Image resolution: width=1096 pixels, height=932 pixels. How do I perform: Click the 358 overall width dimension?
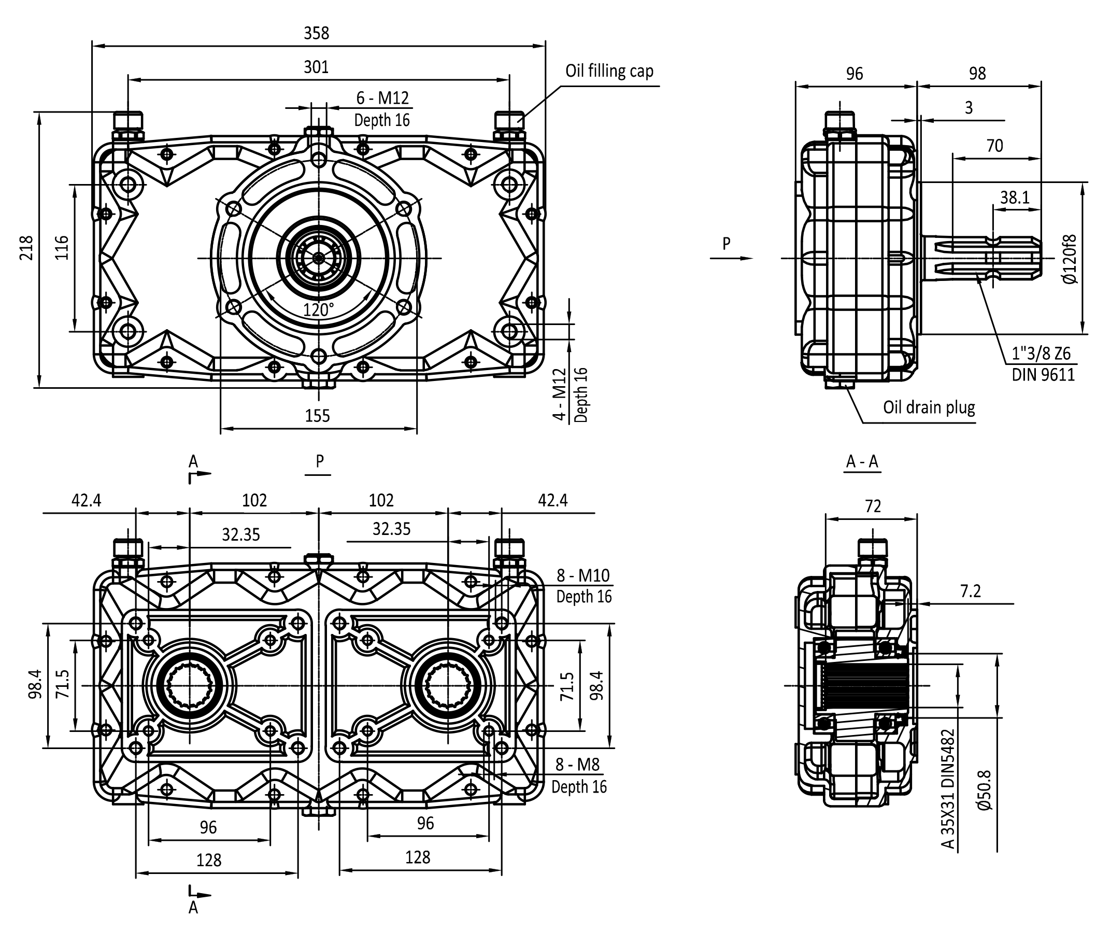[316, 33]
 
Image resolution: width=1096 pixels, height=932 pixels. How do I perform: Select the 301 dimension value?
[316, 67]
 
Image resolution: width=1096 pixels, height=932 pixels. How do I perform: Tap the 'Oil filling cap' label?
[609, 71]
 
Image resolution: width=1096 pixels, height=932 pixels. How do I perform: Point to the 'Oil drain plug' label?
[929, 407]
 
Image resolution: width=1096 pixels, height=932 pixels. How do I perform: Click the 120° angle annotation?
[318, 309]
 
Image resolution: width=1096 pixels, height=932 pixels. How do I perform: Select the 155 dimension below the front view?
[317, 416]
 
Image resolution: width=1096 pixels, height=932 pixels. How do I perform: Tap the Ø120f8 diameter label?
[1070, 259]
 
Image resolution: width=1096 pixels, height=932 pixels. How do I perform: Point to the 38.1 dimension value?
[1015, 197]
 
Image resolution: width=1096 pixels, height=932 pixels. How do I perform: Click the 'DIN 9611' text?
[1043, 375]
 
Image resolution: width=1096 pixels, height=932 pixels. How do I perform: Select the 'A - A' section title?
[862, 462]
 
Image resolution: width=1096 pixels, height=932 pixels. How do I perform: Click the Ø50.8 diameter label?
[985, 790]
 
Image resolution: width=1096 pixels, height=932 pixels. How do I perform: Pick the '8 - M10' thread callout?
[583, 575]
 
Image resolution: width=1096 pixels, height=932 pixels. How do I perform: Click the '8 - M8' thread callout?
[577, 765]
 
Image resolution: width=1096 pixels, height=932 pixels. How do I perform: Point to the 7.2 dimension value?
[970, 591]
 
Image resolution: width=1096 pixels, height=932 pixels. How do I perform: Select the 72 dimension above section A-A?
[873, 506]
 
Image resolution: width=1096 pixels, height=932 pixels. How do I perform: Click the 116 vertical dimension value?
[62, 247]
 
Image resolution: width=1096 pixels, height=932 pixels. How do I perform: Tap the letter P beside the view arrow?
[727, 244]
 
